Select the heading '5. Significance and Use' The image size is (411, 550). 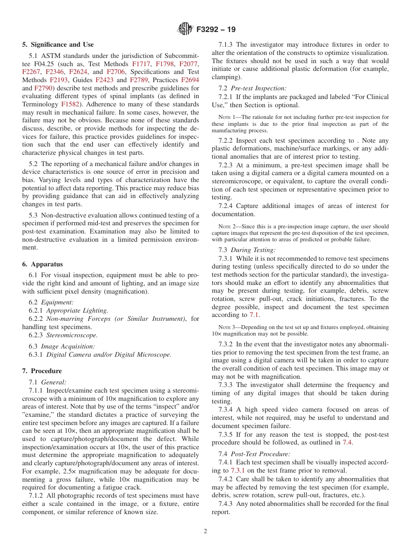tap(58, 45)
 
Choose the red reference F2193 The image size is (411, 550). tap(58, 80)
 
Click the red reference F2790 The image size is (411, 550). tap(43, 88)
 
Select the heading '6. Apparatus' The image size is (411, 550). tap(42, 264)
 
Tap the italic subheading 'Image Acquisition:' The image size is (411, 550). tap(68, 346)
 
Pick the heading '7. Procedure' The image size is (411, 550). tap(42, 371)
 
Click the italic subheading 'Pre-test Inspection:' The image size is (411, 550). tap(258, 88)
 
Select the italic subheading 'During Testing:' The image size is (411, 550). tap(253, 250)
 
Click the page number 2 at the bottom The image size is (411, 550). tap(205, 531)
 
